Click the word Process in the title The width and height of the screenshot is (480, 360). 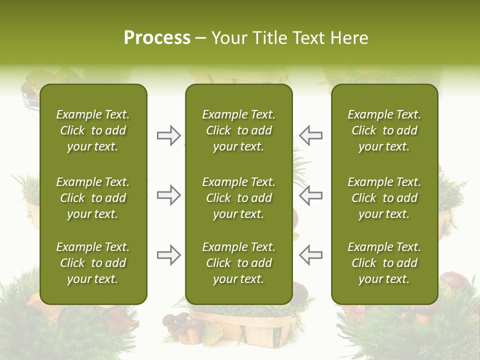point(157,38)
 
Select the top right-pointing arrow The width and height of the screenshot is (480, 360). point(168,135)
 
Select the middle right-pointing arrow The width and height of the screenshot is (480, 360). point(168,195)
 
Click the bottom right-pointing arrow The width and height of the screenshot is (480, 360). point(168,255)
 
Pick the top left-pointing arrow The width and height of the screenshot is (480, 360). point(311,135)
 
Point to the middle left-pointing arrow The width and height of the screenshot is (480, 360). point(311,195)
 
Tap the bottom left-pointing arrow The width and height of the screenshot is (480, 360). point(311,255)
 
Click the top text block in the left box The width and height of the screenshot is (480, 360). point(93,130)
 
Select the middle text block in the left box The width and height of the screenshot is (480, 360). point(93,198)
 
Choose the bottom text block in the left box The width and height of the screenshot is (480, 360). point(93,263)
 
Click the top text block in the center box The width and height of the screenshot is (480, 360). point(238,130)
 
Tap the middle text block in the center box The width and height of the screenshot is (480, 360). point(238,198)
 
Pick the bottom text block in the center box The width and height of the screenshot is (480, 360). point(238,263)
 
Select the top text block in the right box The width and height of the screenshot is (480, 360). point(384,130)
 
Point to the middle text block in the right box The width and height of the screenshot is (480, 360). point(384,198)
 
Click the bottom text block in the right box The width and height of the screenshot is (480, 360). point(384,263)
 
